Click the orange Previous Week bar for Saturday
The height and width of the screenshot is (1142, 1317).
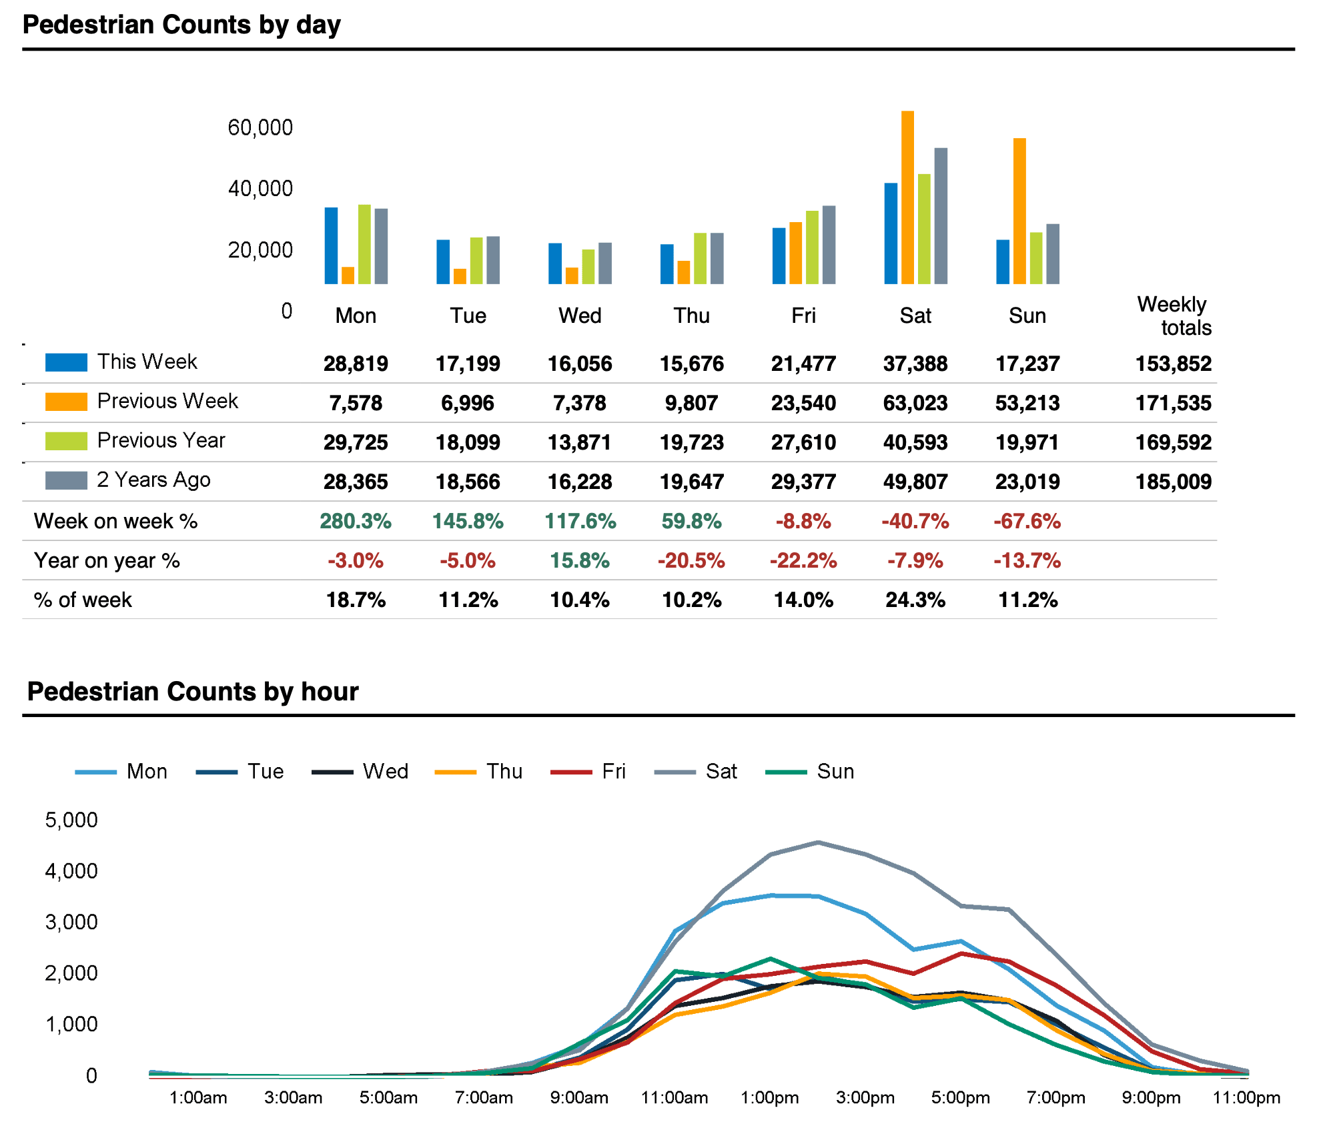pos(907,197)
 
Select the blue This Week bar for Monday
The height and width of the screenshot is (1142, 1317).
pos(331,245)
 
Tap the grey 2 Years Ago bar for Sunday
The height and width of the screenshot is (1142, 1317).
pos(1053,254)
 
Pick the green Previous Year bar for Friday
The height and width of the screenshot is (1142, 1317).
pos(812,247)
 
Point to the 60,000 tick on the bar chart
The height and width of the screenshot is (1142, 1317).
pos(260,127)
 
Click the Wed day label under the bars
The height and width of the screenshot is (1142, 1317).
pos(580,316)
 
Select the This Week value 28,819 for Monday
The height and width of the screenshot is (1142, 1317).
pos(356,364)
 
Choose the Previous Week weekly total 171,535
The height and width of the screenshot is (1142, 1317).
pos(1173,403)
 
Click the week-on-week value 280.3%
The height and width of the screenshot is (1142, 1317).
pos(356,521)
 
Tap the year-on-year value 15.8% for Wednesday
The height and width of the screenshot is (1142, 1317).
pos(580,560)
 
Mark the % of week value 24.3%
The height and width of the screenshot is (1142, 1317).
pos(915,600)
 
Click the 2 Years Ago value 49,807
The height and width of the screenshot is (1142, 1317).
pos(915,482)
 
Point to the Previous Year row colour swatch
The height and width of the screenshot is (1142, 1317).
pos(66,441)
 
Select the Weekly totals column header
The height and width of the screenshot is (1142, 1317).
pos(1174,316)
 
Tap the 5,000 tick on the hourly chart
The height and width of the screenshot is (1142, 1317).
pos(71,820)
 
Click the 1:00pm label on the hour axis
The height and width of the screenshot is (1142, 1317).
pos(769,1097)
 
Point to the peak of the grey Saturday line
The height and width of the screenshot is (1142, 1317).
pos(819,842)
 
